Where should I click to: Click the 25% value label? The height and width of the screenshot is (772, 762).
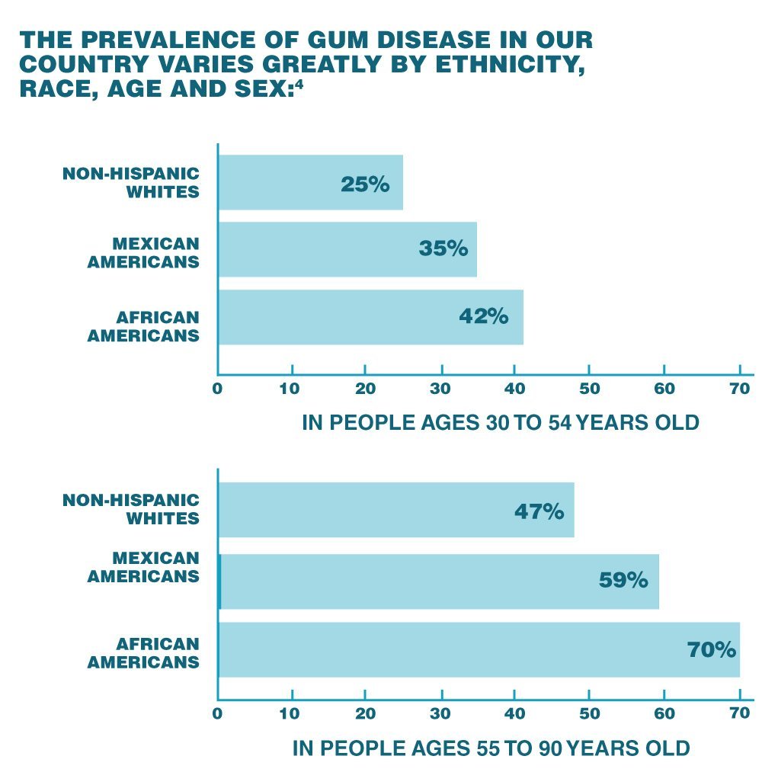365,184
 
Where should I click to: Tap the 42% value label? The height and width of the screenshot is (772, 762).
483,316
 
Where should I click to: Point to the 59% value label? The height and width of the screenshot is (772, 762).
623,581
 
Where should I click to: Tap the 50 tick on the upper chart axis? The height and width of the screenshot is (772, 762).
589,388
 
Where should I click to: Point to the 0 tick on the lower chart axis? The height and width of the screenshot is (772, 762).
217,714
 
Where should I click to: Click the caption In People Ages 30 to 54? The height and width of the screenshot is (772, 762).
500,421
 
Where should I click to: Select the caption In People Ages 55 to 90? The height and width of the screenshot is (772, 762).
491,748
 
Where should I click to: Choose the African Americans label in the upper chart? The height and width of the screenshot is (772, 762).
143,326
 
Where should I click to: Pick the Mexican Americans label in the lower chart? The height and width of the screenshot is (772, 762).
143,568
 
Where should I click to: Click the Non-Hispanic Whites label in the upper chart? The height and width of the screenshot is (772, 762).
131,182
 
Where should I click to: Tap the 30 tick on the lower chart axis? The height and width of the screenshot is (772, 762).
440,714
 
